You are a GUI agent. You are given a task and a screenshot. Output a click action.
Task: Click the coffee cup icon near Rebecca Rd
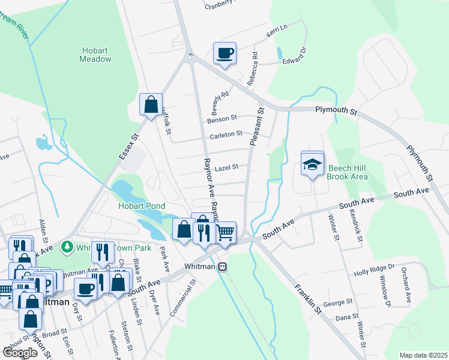point(225,53)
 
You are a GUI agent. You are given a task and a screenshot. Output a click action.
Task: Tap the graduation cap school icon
point(312,164)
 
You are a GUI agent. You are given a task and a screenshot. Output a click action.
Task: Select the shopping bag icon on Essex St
point(151,104)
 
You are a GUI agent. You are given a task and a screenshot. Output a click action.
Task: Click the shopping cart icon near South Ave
point(225,232)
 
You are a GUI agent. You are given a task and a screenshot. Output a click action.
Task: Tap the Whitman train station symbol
point(223,266)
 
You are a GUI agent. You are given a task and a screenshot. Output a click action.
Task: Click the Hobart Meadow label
point(95,55)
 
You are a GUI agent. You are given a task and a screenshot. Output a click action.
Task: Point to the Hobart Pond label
point(142,206)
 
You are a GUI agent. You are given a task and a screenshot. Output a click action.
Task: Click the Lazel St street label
point(227,167)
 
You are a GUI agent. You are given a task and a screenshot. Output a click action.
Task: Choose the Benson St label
point(222,120)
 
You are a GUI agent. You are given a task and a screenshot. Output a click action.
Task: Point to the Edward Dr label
point(294,58)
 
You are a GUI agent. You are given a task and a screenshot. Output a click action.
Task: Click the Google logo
point(20,352)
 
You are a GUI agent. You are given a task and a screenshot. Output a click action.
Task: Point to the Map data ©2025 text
point(423,355)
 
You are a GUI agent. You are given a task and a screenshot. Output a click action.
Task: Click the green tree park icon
point(68,247)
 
